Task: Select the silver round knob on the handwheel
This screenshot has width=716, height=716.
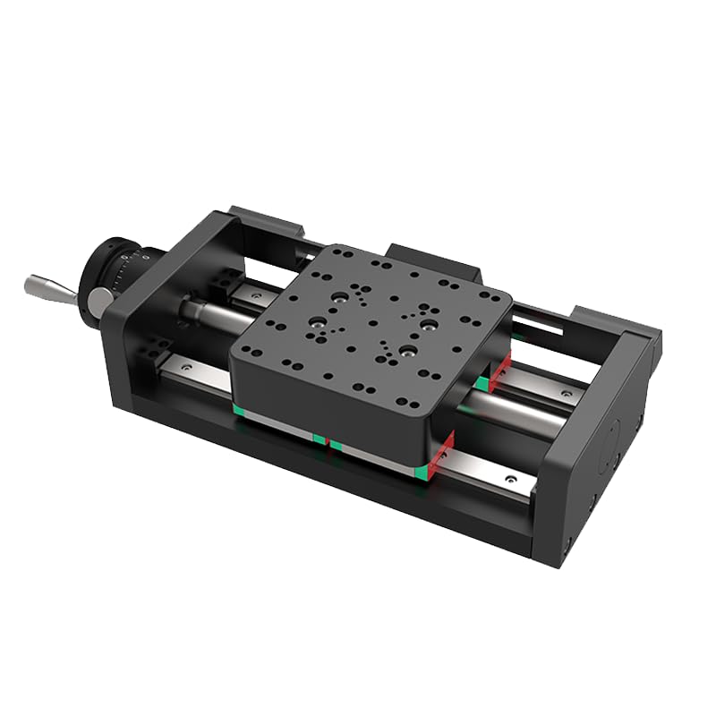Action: point(93,299)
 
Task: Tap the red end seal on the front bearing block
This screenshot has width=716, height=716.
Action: point(440,453)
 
